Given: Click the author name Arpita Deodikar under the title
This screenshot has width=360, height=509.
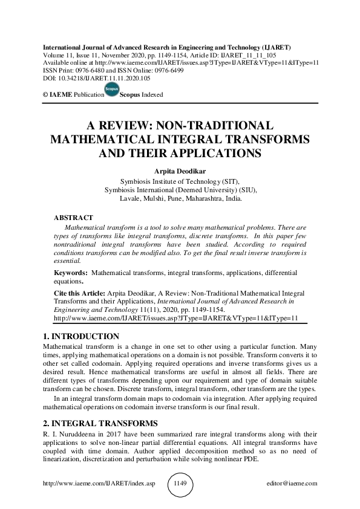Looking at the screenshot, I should pos(180,171).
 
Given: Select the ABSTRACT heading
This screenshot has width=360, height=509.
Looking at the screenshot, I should pos(73,217).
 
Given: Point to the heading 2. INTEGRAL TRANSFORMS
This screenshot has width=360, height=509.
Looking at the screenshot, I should pos(99,423).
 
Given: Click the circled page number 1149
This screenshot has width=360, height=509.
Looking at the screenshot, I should pos(180,484).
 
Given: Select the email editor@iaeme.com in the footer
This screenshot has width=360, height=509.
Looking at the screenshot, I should pos(292,484).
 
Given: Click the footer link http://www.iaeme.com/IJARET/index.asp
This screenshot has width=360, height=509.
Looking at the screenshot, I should pos(88,484).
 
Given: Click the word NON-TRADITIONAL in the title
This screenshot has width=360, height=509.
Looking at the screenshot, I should pos(215,126).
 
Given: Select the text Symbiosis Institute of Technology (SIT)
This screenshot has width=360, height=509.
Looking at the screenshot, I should pos(180,181).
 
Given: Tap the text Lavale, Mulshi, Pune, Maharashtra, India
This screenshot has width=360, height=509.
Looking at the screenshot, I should pos(180,198).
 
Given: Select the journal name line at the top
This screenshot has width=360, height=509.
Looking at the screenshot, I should pos(166,47).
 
